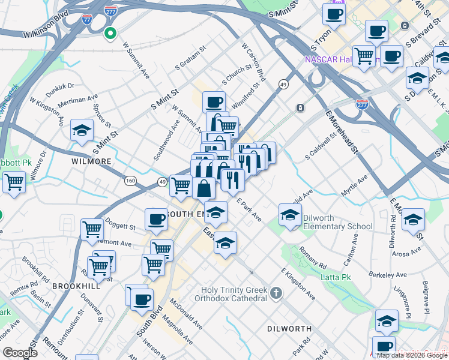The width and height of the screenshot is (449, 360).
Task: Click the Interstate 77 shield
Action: [x=86, y=19]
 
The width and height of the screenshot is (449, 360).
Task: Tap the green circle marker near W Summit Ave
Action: [x=110, y=33]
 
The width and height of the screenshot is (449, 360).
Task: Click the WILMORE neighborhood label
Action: [x=91, y=162]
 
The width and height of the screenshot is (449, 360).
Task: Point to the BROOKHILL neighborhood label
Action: [x=71, y=286]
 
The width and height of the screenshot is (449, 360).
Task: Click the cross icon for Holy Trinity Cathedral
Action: [x=276, y=293]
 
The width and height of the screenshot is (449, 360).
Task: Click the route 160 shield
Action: [x=130, y=180]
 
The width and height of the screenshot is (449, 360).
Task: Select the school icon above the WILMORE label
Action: [x=82, y=131]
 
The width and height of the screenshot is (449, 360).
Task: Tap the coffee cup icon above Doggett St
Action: [x=157, y=218]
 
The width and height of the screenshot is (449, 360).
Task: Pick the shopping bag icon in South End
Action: [x=204, y=188]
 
